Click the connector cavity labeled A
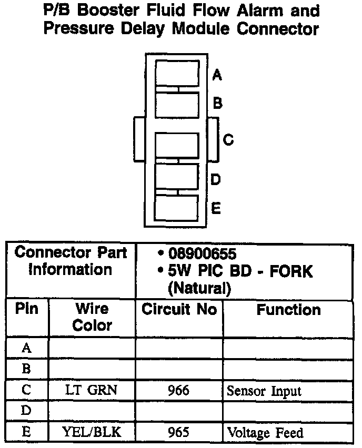[x=177, y=73]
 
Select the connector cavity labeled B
[x=177, y=105]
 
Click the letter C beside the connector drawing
[x=228, y=140]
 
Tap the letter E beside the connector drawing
[x=216, y=208]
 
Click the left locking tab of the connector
[x=139, y=139]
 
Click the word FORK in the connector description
[x=289, y=271]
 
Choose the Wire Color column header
[x=92, y=317]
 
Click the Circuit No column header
[x=179, y=310]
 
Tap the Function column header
[x=288, y=310]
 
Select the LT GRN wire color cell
[x=92, y=391]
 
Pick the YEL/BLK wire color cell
[x=92, y=432]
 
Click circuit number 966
[x=179, y=391]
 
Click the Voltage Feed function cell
[x=265, y=433]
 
